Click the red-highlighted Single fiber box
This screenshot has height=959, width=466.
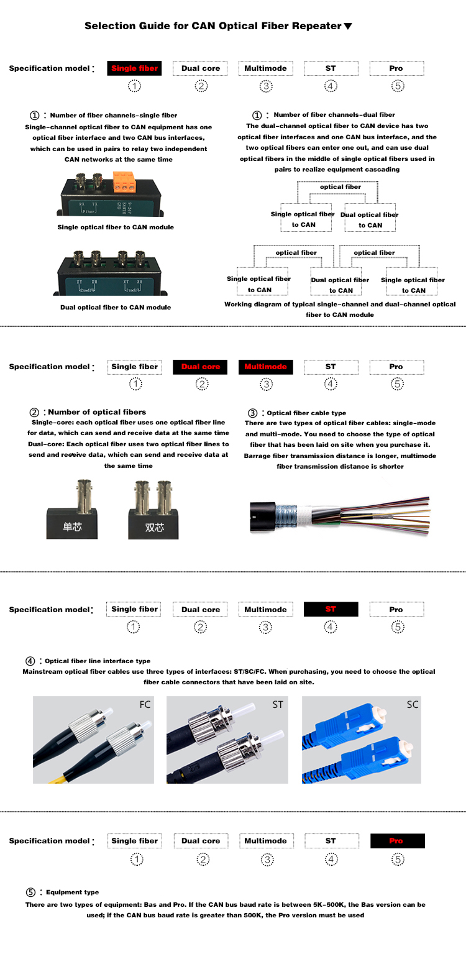point(135,68)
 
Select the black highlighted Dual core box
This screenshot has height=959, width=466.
point(200,367)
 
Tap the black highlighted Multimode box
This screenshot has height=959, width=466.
point(265,367)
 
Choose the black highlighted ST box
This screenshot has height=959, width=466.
point(331,609)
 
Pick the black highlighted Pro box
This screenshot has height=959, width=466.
point(397,841)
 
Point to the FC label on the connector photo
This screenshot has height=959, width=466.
point(145,705)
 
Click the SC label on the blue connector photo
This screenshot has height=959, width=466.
point(413,705)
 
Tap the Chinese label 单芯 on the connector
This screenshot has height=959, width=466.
point(72,528)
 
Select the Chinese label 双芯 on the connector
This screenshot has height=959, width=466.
point(155,528)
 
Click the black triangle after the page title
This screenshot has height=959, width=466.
point(348,27)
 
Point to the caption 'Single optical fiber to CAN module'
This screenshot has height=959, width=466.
point(116,227)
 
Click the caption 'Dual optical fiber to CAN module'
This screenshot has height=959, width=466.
point(116,307)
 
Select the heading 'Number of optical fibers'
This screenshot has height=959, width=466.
point(97,412)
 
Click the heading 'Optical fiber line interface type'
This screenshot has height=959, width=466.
point(98,661)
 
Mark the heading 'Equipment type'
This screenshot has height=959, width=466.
point(72,892)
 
